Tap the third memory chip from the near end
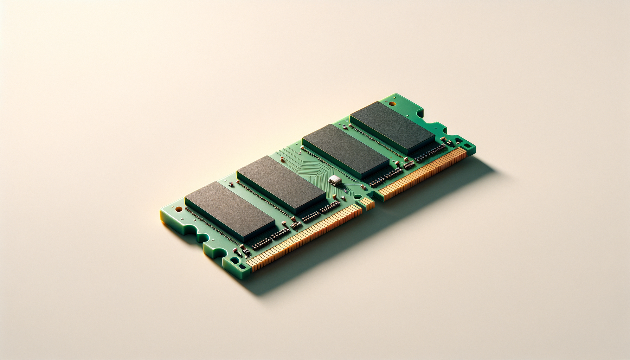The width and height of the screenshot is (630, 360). click(345, 151)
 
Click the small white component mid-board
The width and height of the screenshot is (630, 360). click(335, 180)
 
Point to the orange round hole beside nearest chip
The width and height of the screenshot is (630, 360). click(178, 209)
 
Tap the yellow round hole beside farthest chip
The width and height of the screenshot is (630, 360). click(393, 103)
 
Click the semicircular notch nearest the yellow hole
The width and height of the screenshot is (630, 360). click(420, 112)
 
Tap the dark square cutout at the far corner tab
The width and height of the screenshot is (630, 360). click(467, 145)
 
